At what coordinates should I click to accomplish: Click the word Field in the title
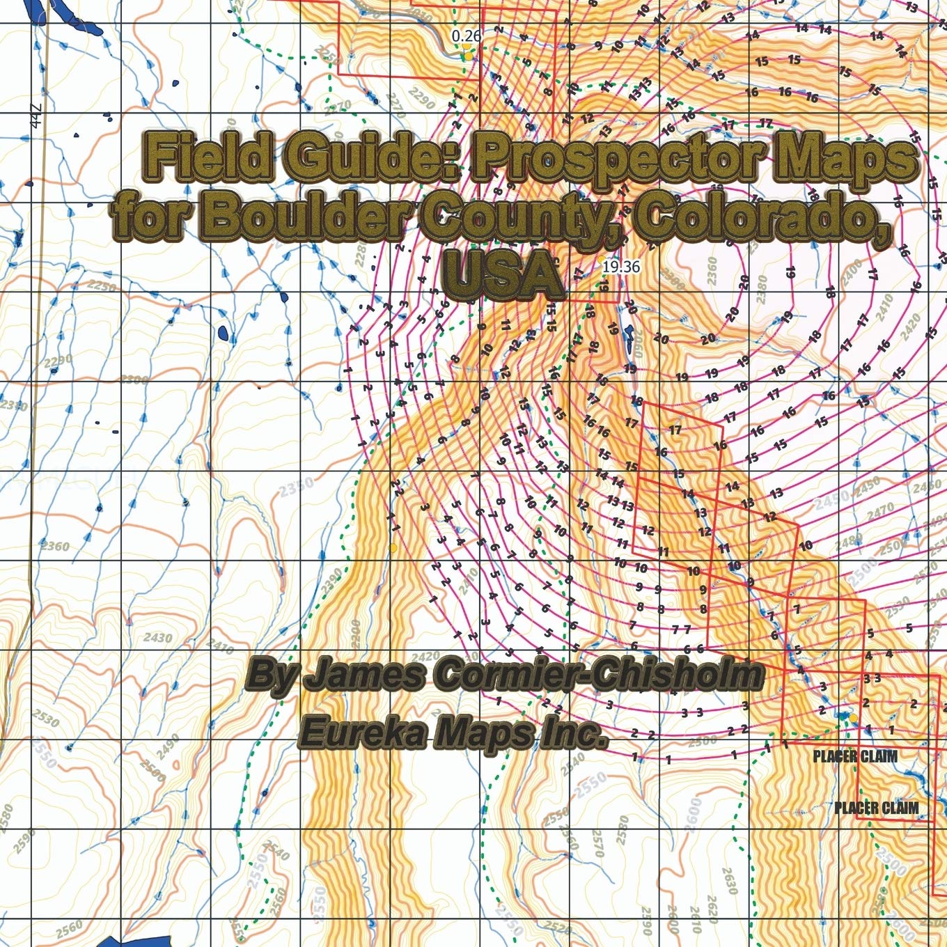pos(208,157)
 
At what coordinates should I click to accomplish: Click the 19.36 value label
pos(621,266)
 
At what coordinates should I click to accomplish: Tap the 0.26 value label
pos(466,35)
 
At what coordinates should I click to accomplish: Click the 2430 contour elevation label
pos(158,637)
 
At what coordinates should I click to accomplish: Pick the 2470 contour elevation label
pos(880,512)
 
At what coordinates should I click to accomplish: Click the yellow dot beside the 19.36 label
pos(602,259)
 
